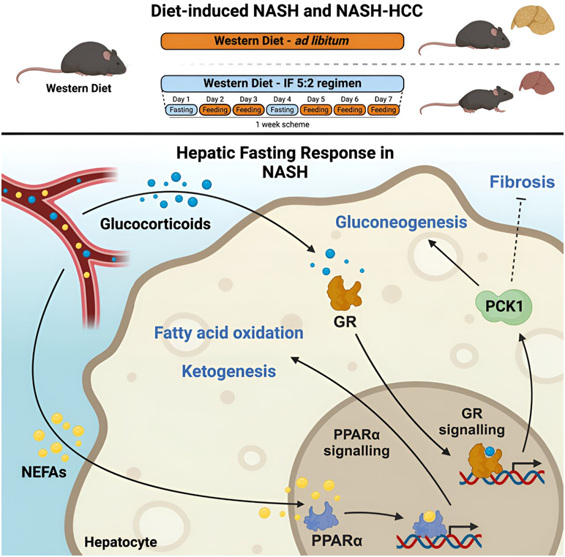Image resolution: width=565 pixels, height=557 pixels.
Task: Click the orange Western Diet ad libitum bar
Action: [281, 40]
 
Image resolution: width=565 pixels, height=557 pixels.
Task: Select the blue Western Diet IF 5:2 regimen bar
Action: [281, 83]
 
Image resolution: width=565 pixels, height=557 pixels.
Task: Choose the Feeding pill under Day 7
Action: [383, 110]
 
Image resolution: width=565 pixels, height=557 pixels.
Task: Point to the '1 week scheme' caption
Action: [281, 124]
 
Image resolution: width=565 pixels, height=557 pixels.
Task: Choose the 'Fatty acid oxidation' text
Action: [229, 333]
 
